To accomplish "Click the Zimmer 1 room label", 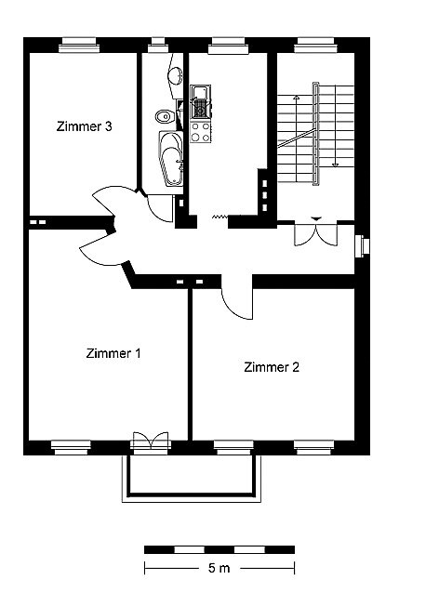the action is pyautogui.click(x=113, y=353).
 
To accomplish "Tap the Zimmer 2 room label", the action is pyautogui.click(x=272, y=367).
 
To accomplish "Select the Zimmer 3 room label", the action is pyautogui.click(x=84, y=125).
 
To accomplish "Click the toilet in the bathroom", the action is pyautogui.click(x=163, y=116).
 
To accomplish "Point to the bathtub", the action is pyautogui.click(x=171, y=158).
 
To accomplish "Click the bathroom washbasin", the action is pyautogui.click(x=175, y=75).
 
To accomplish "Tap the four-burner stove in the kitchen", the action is pyautogui.click(x=200, y=132).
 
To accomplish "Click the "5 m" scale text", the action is pyautogui.click(x=219, y=568).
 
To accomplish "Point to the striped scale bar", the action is pyautogui.click(x=219, y=549).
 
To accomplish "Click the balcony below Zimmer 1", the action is pyautogui.click(x=192, y=479).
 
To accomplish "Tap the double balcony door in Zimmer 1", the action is pyautogui.click(x=151, y=441).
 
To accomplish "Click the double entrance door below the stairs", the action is pyautogui.click(x=316, y=233).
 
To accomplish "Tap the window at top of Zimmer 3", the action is pyautogui.click(x=79, y=45).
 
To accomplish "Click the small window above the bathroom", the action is pyautogui.click(x=157, y=45).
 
